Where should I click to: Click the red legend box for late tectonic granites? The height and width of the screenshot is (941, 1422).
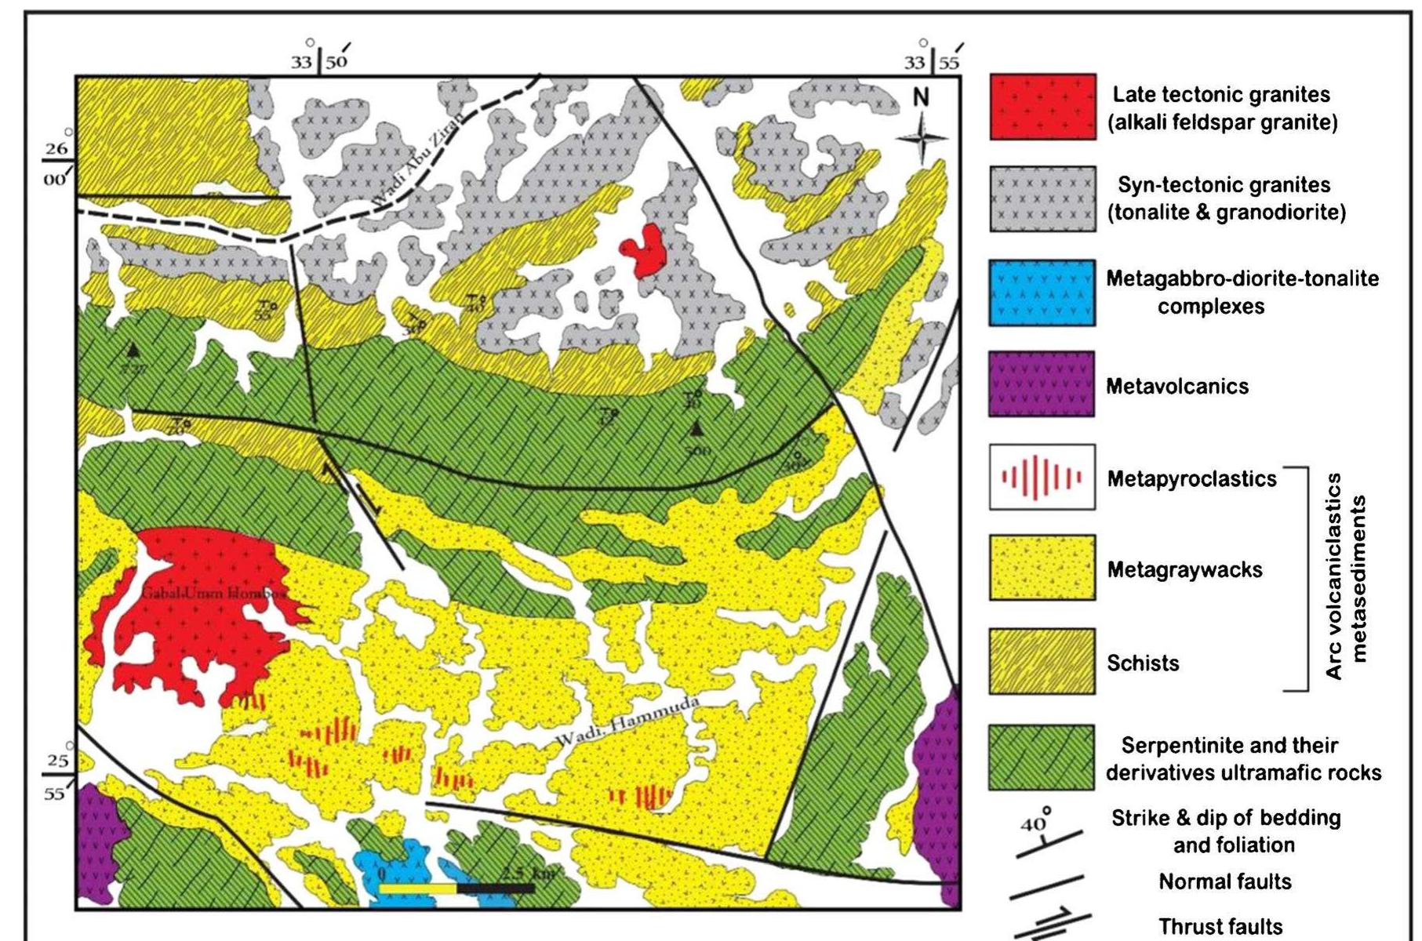click(x=1042, y=107)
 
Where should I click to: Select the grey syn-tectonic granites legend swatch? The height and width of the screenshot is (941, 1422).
click(x=1042, y=198)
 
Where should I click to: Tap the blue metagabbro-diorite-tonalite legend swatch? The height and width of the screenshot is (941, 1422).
click(x=1042, y=292)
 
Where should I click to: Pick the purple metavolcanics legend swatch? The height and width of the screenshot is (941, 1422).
click(x=1042, y=384)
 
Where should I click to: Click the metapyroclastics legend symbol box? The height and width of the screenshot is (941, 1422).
click(x=1042, y=477)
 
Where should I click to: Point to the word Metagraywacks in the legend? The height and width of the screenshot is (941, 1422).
click(x=1184, y=569)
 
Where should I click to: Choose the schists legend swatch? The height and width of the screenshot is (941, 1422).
click(x=1042, y=661)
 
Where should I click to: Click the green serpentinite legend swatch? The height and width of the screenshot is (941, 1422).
click(x=1042, y=757)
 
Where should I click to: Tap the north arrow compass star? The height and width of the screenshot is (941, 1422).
click(x=922, y=138)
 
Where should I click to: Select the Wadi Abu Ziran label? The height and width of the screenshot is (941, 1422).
click(x=416, y=162)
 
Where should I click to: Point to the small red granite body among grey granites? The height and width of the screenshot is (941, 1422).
click(x=647, y=249)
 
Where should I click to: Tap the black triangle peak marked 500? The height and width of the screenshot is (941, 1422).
click(x=696, y=429)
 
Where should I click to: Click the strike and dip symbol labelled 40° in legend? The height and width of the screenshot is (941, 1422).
click(x=1047, y=834)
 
